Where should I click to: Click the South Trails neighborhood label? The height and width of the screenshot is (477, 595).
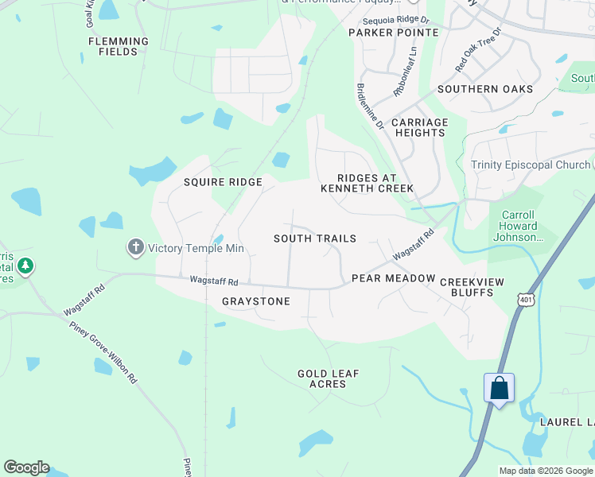coord(315,238)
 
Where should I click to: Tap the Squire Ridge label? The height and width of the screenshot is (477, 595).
coord(223,182)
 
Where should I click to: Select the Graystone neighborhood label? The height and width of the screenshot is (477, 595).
coord(256,301)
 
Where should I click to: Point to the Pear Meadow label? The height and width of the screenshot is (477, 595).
coord(394,278)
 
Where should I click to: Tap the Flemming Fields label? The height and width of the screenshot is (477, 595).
coord(119,46)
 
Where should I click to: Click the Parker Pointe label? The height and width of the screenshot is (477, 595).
coord(394,33)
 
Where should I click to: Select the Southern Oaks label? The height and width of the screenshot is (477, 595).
coord(484,89)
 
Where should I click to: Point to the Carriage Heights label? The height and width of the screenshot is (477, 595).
coord(420,127)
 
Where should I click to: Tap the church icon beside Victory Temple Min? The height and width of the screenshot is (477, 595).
coord(135,248)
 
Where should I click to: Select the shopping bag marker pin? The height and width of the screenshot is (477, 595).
coord(499,389)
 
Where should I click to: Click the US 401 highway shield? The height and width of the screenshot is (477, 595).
coord(525,299)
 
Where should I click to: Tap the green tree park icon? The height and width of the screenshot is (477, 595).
coord(26,266)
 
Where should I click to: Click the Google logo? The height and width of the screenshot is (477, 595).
coord(26,467)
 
